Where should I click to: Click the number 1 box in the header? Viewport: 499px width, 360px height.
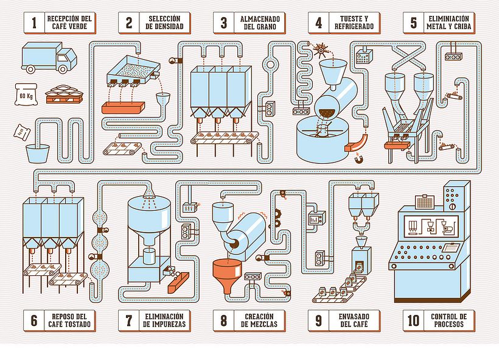[x=34, y=23]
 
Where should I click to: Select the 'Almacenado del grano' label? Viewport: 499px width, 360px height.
[x=260, y=23]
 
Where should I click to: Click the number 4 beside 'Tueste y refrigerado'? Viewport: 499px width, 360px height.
[x=318, y=23]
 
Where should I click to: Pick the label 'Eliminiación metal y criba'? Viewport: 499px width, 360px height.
[x=449, y=23]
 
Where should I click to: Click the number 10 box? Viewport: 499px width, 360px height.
[x=414, y=320]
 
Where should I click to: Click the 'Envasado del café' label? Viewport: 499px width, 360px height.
[x=354, y=320]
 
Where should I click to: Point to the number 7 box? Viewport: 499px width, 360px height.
[x=129, y=320]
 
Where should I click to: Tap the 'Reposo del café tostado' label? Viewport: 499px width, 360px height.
[x=69, y=320]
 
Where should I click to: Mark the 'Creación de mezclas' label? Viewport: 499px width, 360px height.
[x=259, y=320]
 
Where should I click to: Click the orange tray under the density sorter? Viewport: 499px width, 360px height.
[x=123, y=107]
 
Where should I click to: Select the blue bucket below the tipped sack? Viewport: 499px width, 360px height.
[x=38, y=152]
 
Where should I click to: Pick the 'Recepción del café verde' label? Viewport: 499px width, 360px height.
[x=69, y=23]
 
